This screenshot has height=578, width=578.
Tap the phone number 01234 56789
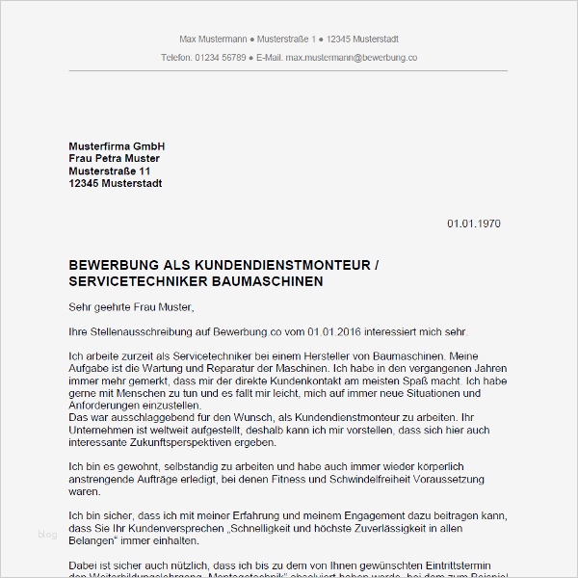pyautogui.click(x=220, y=58)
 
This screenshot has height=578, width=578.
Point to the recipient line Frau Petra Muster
pyautogui.click(x=115, y=158)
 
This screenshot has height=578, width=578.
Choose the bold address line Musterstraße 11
pyautogui.click(x=110, y=171)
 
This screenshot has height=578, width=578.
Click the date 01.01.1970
pyautogui.click(x=474, y=223)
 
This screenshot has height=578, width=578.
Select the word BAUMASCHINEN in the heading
pyautogui.click(x=273, y=280)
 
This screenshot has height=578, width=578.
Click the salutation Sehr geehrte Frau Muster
pyautogui.click(x=132, y=307)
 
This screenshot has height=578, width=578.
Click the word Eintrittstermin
pyautogui.click(x=458, y=565)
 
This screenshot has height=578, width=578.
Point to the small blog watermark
pyautogui.click(x=47, y=534)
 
